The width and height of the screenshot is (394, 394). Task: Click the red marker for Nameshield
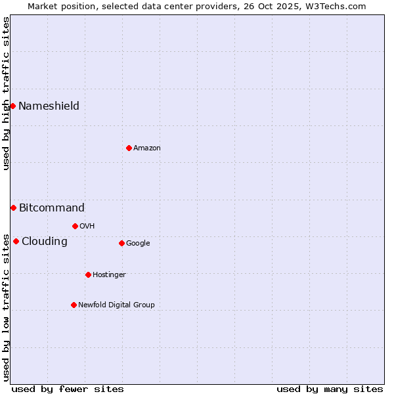tap(12, 106)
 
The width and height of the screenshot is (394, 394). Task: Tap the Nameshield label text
tap(49, 106)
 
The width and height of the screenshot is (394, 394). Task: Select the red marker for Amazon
tap(129, 148)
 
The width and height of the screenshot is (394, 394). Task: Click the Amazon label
tap(147, 148)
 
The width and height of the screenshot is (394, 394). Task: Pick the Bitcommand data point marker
tap(13, 208)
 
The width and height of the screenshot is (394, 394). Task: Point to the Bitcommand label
tap(52, 208)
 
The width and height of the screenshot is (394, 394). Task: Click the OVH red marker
tap(75, 226)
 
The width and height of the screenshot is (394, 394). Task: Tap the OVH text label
tap(87, 227)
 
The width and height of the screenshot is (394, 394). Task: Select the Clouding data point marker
tap(16, 241)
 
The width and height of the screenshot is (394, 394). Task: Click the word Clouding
tap(45, 242)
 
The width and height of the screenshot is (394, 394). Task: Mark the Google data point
tap(121, 243)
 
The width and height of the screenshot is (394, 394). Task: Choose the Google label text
tap(138, 244)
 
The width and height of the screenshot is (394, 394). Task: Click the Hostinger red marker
tap(88, 274)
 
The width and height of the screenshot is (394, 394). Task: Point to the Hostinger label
tap(109, 275)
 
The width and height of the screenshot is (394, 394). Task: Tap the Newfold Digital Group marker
tap(74, 305)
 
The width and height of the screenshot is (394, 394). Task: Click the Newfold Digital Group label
tap(116, 305)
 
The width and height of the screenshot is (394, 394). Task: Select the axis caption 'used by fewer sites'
tap(68, 389)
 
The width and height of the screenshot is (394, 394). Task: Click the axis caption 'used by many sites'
tap(330, 389)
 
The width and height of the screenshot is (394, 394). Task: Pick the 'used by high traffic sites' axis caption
tap(6, 93)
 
